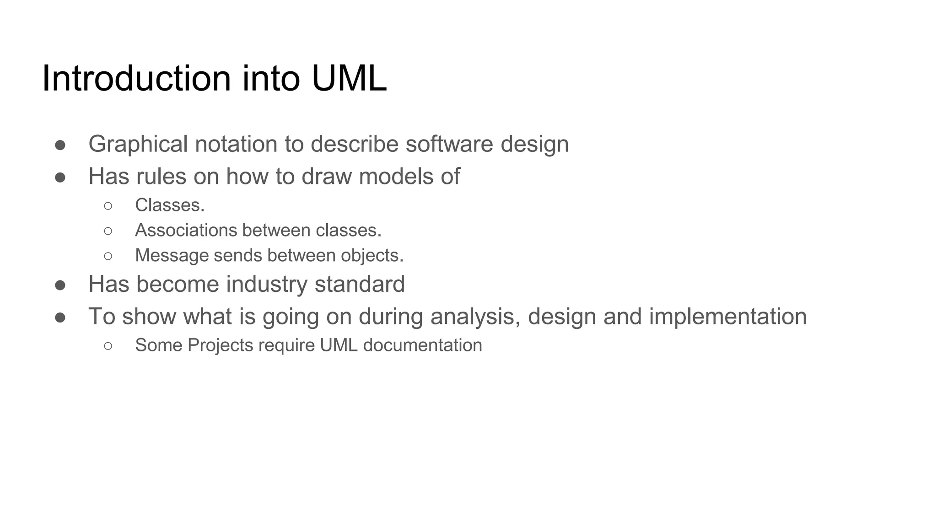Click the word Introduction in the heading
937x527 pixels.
point(136,79)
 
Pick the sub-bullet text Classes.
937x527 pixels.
point(170,205)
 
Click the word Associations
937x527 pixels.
point(185,230)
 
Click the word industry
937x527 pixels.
point(267,284)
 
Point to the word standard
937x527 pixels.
point(360,284)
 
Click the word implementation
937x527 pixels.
point(727,317)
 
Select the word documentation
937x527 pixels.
point(422,345)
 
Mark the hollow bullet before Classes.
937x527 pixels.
point(108,206)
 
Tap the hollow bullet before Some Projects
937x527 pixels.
point(108,346)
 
